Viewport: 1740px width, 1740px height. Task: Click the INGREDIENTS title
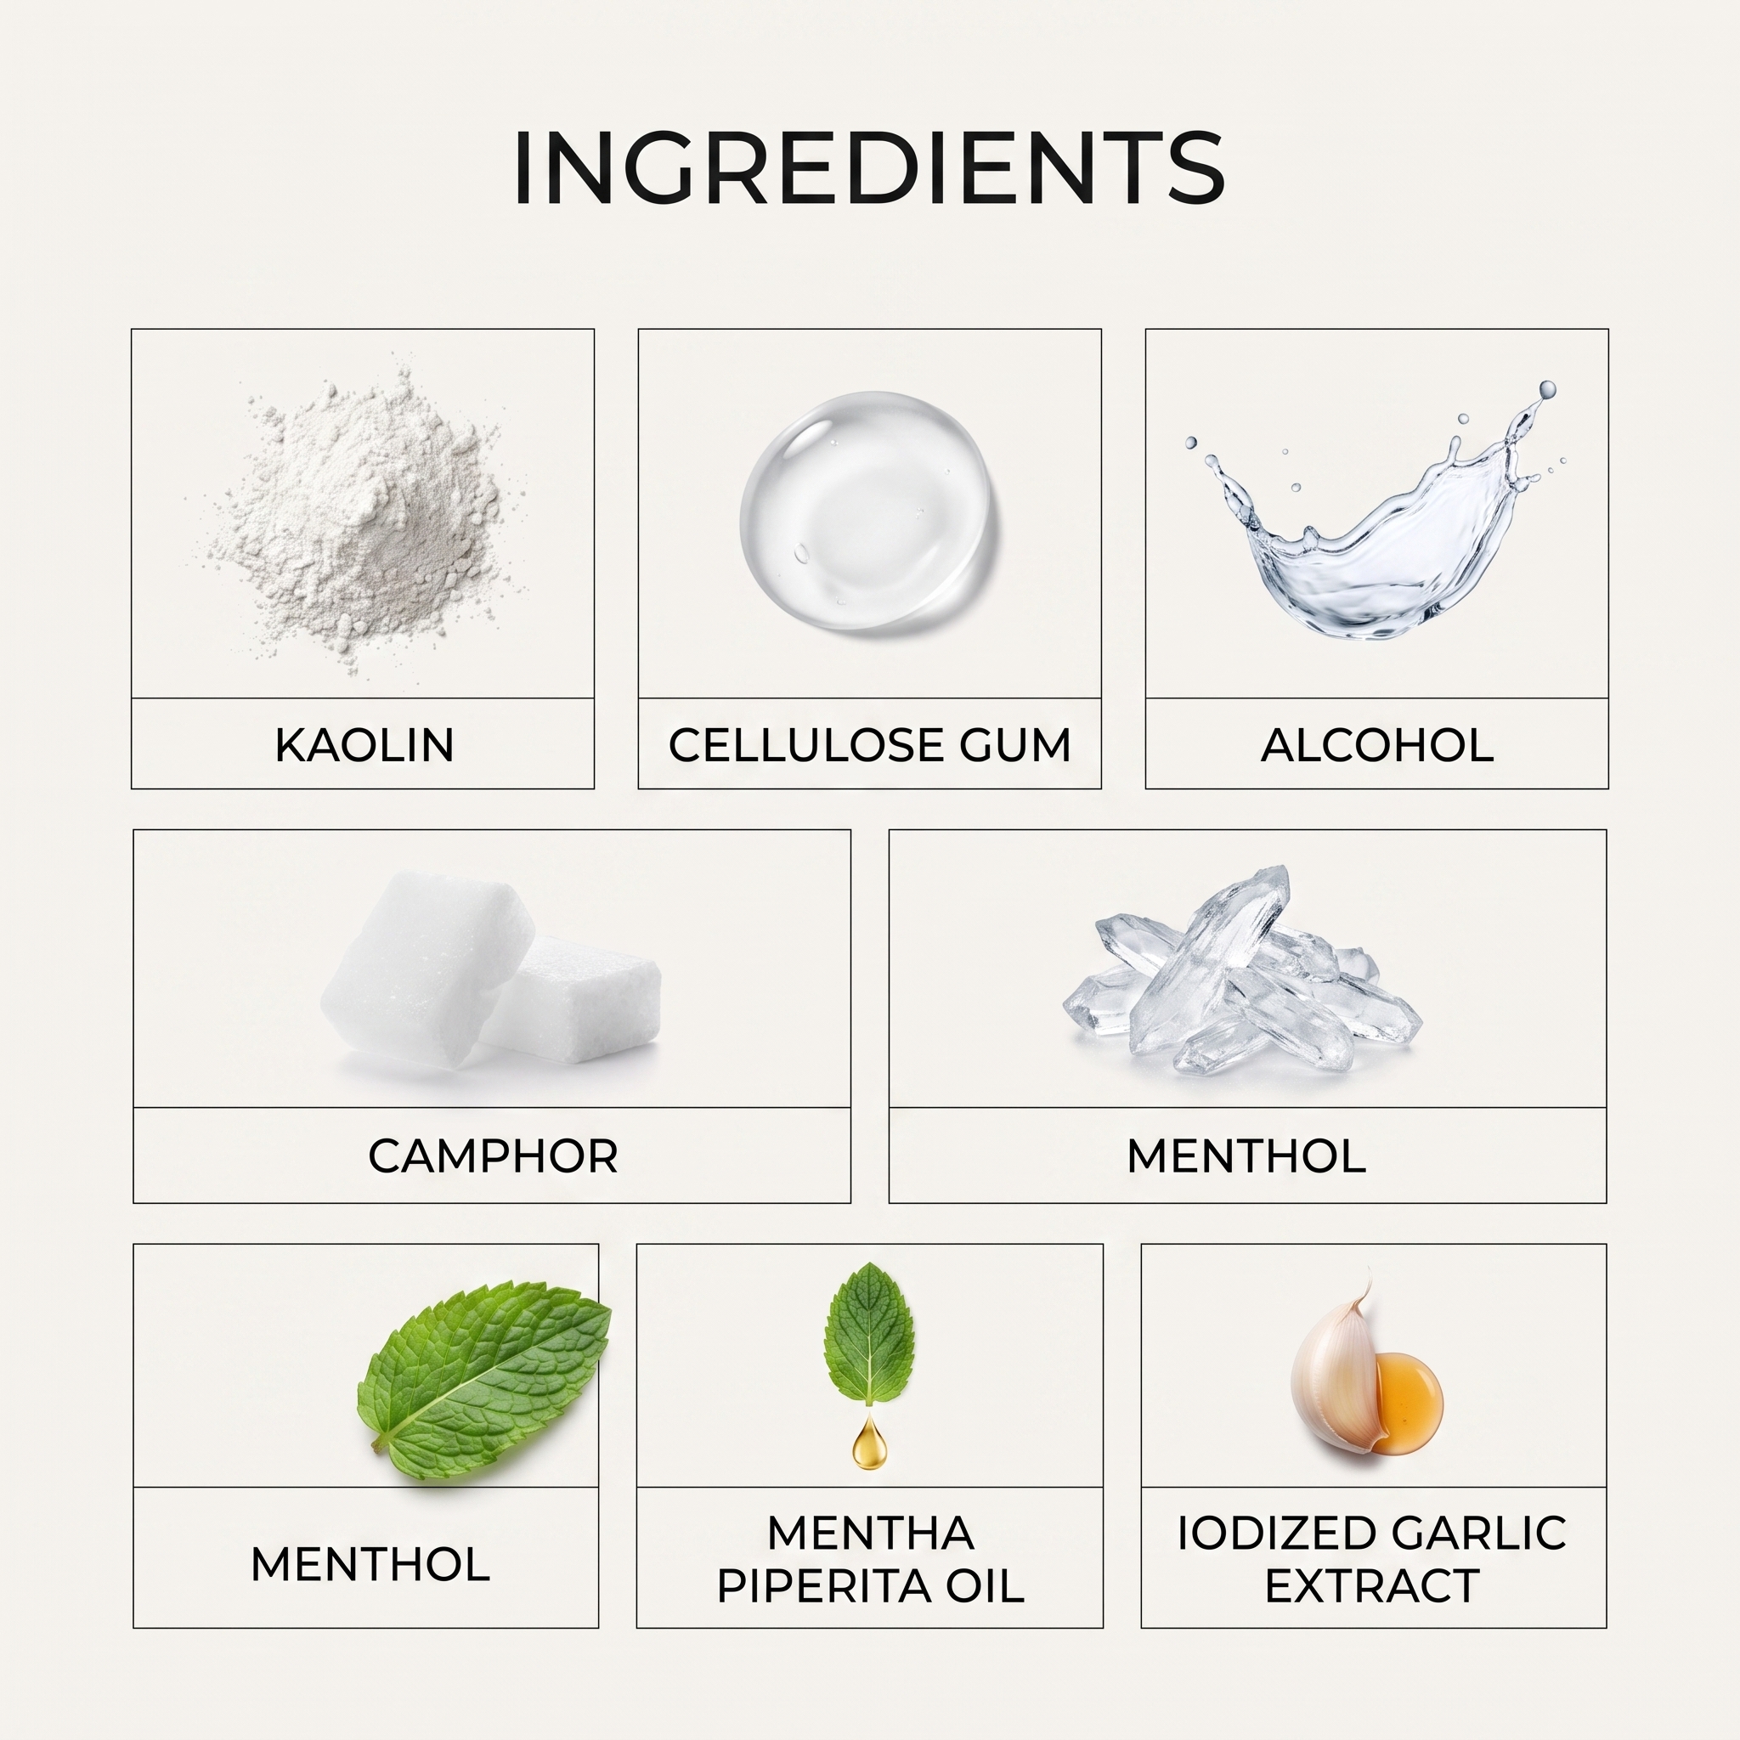coord(869,168)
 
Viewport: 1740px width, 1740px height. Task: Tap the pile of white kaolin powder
coord(360,523)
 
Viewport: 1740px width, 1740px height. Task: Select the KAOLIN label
coord(364,746)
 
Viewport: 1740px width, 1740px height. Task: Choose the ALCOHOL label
coord(1377,746)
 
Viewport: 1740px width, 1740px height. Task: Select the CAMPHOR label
coord(493,1156)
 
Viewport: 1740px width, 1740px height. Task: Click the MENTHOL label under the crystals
coord(1246,1156)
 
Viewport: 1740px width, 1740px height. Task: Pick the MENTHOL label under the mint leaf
coord(370,1564)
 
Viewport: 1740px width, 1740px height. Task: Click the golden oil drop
coord(868,1441)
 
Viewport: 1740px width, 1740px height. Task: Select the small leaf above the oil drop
coord(869,1333)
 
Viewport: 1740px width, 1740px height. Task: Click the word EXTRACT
coord(1373,1587)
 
